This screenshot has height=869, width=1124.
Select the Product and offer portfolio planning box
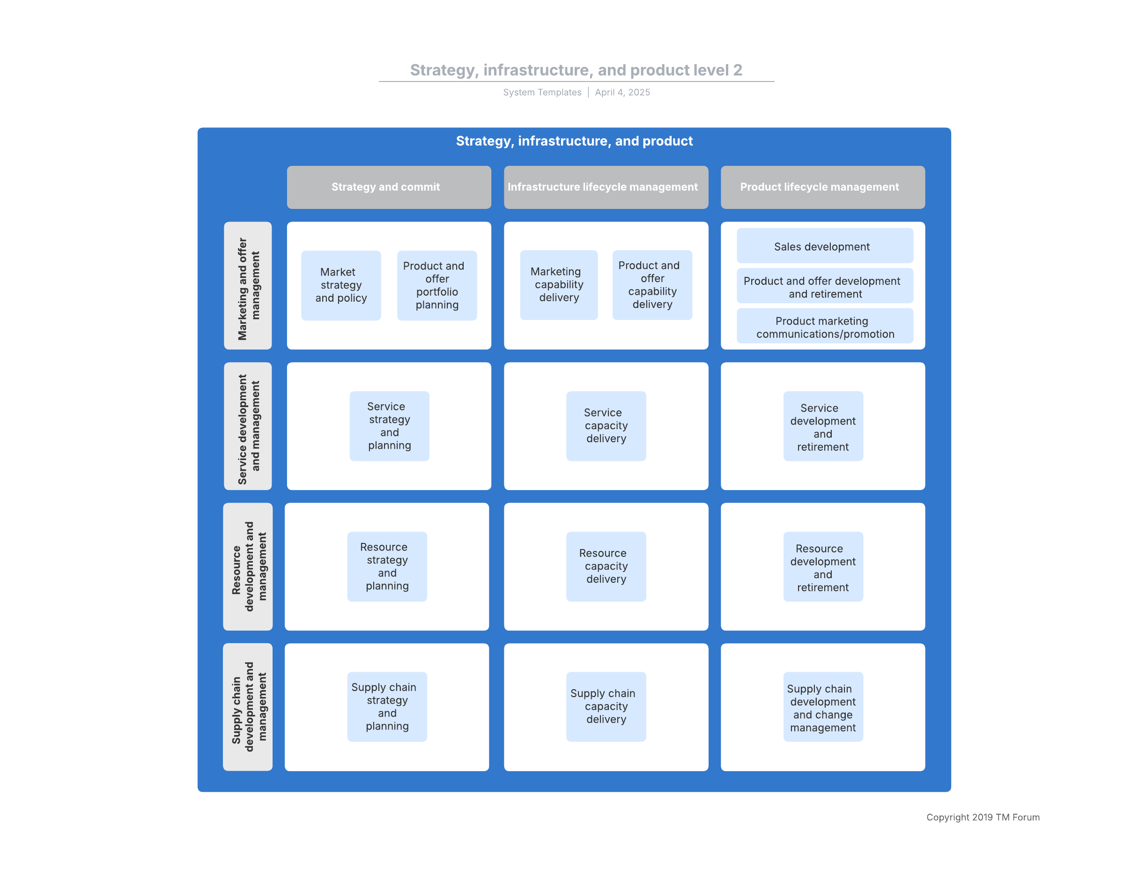tap(437, 285)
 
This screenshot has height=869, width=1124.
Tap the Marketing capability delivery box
tap(559, 285)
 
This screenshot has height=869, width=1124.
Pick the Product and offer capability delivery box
tap(652, 285)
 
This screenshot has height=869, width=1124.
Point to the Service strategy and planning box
tap(389, 426)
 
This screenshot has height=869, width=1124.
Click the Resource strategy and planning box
tap(387, 566)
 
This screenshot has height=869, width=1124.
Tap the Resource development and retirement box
tap(823, 566)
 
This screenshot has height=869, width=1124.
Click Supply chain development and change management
tap(823, 706)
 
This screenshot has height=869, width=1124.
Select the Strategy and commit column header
tap(389, 187)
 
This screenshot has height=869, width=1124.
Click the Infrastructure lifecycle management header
tap(606, 187)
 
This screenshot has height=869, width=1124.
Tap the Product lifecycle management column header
tap(822, 187)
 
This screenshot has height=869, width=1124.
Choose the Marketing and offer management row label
tap(248, 286)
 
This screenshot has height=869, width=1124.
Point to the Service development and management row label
tap(248, 426)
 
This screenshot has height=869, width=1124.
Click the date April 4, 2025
tap(622, 92)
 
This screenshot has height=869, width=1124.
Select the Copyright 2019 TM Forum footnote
tap(983, 817)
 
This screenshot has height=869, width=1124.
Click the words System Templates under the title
tap(542, 92)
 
